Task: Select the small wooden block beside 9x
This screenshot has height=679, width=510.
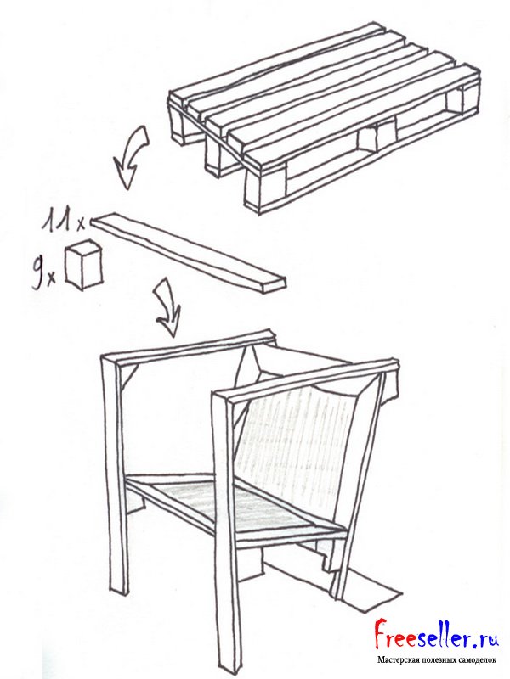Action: click(x=83, y=265)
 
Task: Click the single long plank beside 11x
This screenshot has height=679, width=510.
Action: click(x=188, y=252)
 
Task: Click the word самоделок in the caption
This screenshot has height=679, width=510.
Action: click(x=478, y=660)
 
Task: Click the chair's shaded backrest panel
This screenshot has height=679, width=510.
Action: click(x=299, y=451)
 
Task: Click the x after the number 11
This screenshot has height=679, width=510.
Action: click(x=81, y=224)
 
